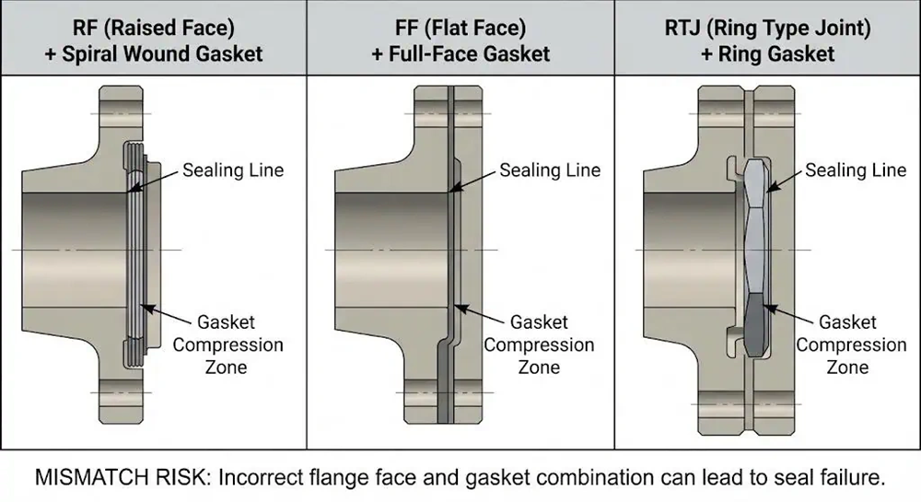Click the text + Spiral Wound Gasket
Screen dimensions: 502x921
pyautogui.click(x=153, y=53)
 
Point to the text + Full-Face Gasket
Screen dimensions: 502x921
pyautogui.click(x=460, y=53)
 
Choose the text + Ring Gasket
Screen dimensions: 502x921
pyautogui.click(x=767, y=53)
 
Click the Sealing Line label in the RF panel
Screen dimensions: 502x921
pyautogui.click(x=233, y=169)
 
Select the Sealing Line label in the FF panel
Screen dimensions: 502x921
pyautogui.click(x=550, y=170)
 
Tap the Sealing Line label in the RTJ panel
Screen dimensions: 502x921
pyautogui.click(x=857, y=170)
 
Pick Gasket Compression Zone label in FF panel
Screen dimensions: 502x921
pyautogui.click(x=539, y=344)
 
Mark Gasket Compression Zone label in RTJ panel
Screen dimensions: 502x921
pyautogui.click(x=851, y=344)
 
